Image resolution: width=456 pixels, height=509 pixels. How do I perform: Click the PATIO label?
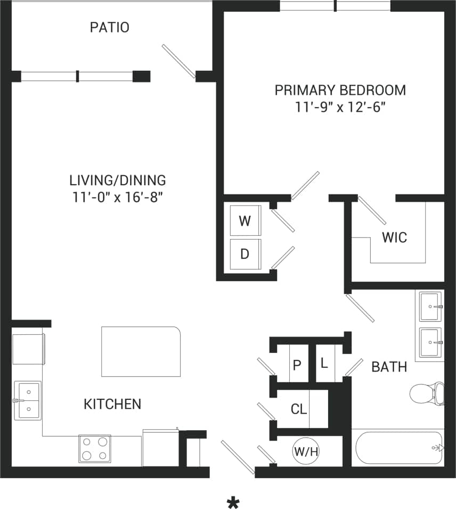(x=109, y=27)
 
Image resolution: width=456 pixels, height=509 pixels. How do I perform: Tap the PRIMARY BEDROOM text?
(x=340, y=90)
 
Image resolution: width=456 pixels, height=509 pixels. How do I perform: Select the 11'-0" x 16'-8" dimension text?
(x=117, y=197)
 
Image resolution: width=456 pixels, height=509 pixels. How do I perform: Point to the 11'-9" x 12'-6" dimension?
(x=340, y=107)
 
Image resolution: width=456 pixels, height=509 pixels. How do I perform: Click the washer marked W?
(x=245, y=221)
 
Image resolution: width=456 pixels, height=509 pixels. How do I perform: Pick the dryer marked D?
(x=245, y=254)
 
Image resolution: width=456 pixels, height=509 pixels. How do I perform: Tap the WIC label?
(x=394, y=237)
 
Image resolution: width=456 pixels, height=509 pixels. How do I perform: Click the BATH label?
(x=389, y=366)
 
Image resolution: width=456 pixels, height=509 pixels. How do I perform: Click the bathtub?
(x=397, y=448)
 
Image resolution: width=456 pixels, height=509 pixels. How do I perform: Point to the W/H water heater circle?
(x=306, y=451)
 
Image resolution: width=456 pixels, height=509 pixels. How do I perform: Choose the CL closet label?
(x=298, y=409)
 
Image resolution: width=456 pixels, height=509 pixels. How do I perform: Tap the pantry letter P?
(x=297, y=365)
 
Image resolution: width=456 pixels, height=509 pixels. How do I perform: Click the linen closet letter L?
(x=324, y=364)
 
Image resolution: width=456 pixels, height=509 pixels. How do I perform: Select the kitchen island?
(x=141, y=351)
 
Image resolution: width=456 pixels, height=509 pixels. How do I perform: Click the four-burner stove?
(x=95, y=448)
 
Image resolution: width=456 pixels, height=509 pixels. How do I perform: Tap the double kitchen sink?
(x=27, y=400)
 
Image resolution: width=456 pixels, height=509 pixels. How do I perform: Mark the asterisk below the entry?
(x=233, y=502)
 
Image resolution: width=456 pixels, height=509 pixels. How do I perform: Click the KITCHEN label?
(x=112, y=404)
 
